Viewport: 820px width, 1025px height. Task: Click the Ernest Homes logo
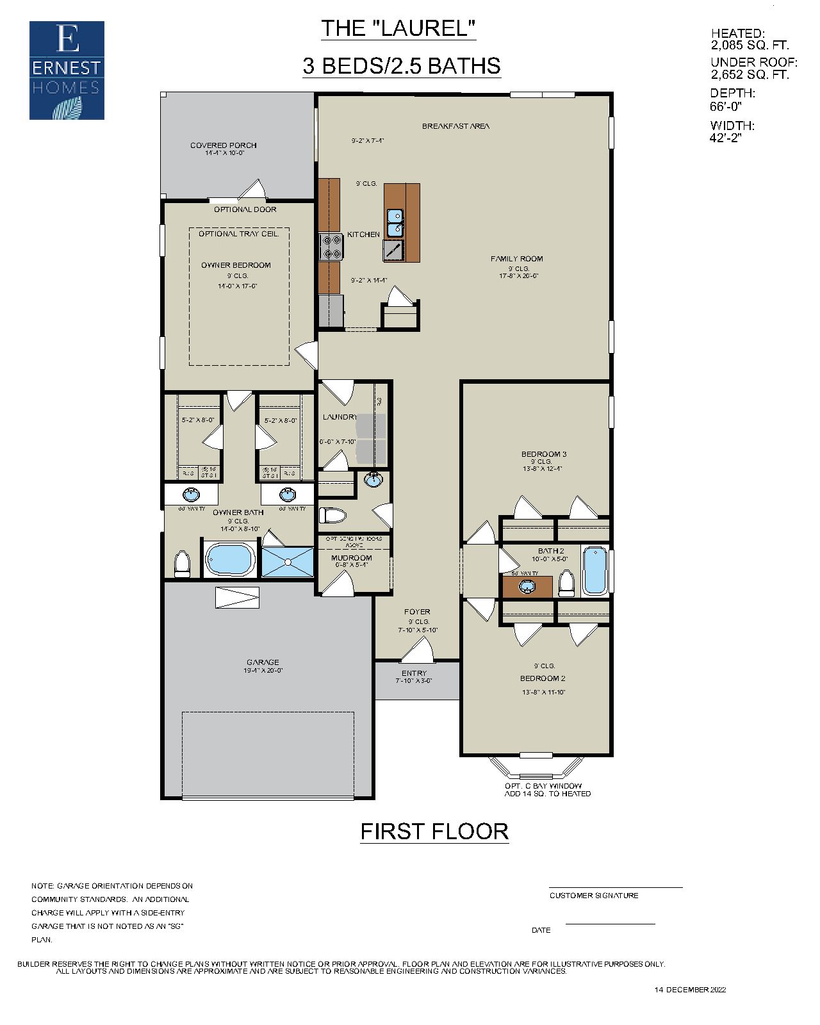coord(67,70)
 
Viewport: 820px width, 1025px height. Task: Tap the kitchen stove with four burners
coord(332,247)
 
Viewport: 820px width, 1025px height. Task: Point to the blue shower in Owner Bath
coord(288,562)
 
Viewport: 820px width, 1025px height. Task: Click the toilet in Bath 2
coord(566,583)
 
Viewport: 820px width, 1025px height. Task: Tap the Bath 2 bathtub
coord(595,570)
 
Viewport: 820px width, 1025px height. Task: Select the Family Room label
coord(516,259)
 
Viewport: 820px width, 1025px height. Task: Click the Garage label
coord(263,662)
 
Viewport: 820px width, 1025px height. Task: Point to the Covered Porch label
coord(223,145)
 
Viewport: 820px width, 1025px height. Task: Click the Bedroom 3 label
coord(544,454)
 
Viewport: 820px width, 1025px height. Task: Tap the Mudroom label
coord(351,558)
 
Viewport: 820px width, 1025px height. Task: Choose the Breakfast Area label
coord(455,126)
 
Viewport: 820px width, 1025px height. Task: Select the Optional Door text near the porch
coord(245,209)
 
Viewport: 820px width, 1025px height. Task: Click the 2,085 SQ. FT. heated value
coord(750,45)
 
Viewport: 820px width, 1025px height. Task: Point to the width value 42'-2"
coord(725,138)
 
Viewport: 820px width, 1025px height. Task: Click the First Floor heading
coord(434,832)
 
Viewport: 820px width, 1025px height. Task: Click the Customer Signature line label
coord(593,896)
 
